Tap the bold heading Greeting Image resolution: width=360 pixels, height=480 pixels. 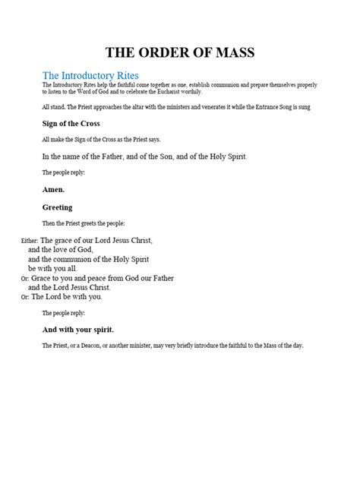(58, 207)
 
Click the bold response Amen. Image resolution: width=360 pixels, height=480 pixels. (53, 189)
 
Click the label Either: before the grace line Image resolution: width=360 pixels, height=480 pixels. (10, 240)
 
